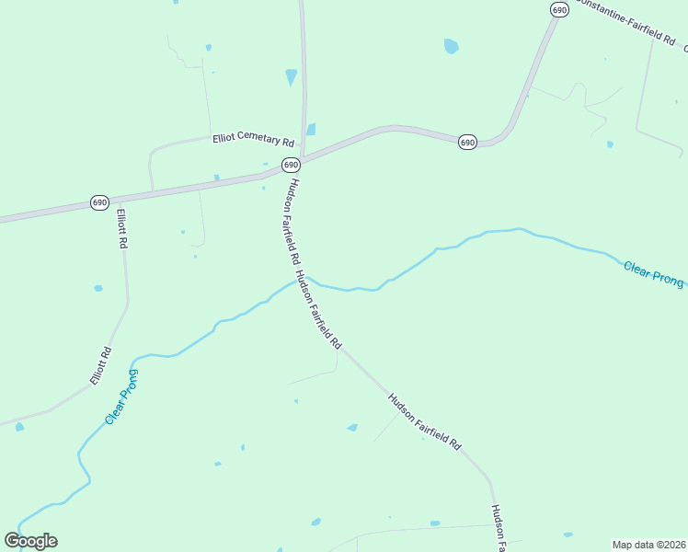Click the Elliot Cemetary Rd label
pos(253,139)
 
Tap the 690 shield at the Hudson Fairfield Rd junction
pos(291,165)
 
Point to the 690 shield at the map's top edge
pos(559,9)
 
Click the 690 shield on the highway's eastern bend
pos(467,143)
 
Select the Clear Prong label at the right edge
pos(653,274)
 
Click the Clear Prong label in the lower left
pos(121,397)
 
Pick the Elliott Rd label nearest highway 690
pos(120,230)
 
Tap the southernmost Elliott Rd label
pos(100,365)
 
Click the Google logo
pos(30,541)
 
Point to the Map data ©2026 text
pos(648,545)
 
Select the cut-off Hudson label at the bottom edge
pos(498,529)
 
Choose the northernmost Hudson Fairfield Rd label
pos(291,219)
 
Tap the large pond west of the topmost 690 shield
pos(451,46)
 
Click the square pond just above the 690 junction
pos(311,130)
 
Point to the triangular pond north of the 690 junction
pos(292,76)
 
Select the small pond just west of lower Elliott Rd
pos(98,288)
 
